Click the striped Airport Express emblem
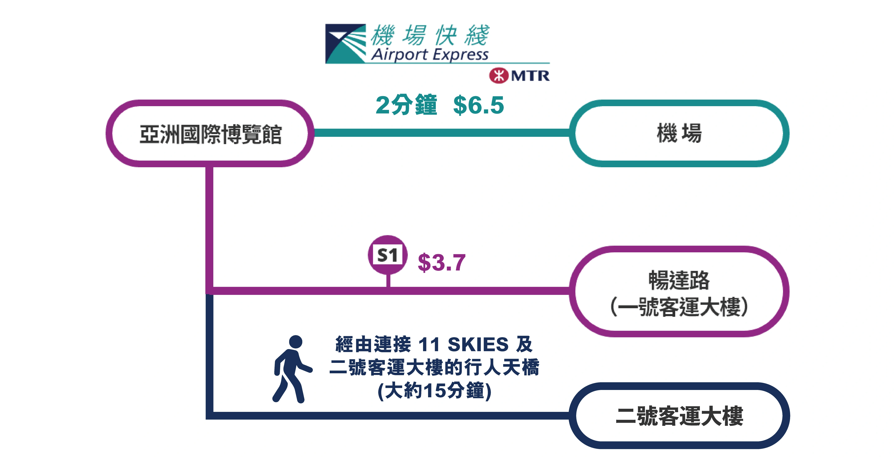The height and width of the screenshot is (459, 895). click(x=345, y=43)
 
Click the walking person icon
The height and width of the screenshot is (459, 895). click(x=292, y=369)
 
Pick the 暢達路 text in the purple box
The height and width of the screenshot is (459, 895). click(x=679, y=280)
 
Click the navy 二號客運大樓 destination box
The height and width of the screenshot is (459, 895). click(x=679, y=416)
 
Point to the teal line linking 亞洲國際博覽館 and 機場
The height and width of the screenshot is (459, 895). click(x=442, y=133)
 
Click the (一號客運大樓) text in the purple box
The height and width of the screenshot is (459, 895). click(x=679, y=307)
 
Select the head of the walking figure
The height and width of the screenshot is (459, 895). click(x=296, y=342)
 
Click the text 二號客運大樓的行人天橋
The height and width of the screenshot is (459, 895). click(x=434, y=367)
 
